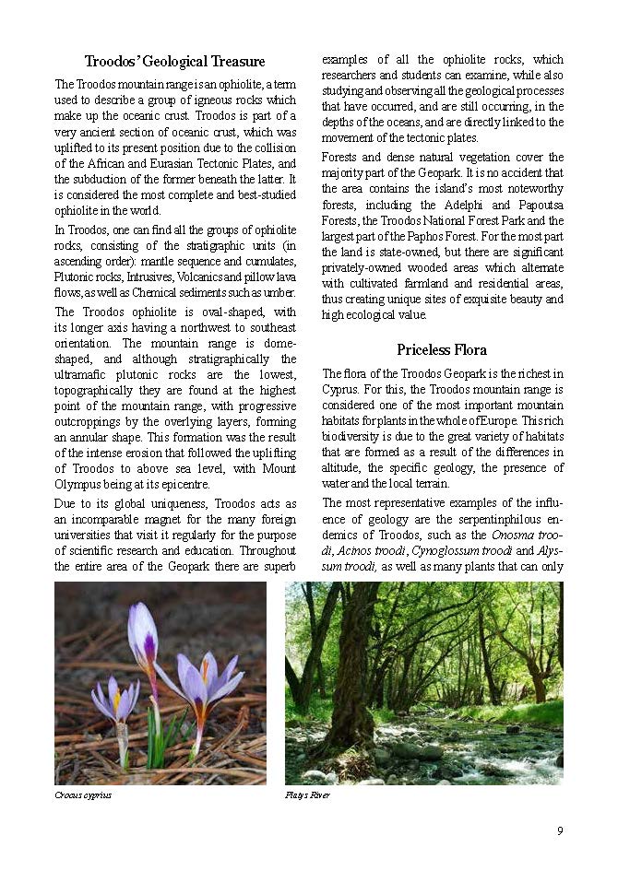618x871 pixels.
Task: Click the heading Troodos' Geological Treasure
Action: (x=174, y=62)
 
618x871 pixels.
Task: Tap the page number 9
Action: (x=560, y=831)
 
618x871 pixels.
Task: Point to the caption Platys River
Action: (x=308, y=794)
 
